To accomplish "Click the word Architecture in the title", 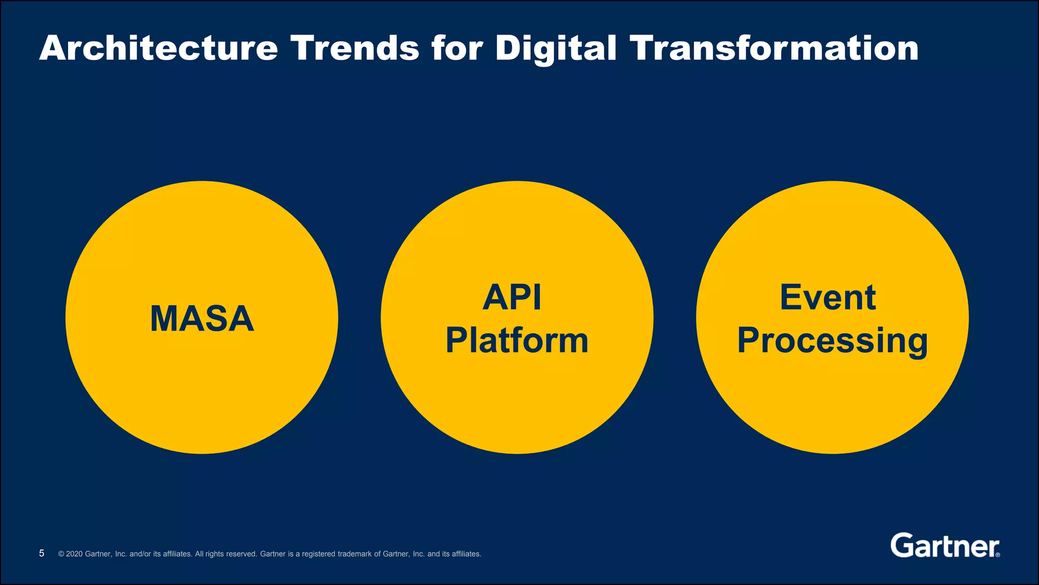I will click(158, 48).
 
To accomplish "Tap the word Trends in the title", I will click(355, 48).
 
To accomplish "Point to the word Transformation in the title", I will click(774, 48).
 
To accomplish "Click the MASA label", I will click(202, 319).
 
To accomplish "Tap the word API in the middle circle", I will click(512, 298).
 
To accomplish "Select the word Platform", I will click(516, 340).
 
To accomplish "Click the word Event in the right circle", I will click(827, 298).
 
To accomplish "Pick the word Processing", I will click(832, 341).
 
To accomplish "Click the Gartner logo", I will click(944, 546).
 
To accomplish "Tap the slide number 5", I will click(42, 554).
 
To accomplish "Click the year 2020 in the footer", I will click(75, 554).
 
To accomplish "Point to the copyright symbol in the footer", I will click(61, 554).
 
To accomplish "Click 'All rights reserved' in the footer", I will click(226, 554).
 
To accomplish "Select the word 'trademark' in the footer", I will click(355, 554).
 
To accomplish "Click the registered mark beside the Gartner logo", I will click(998, 555).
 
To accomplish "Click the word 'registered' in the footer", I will click(319, 554).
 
